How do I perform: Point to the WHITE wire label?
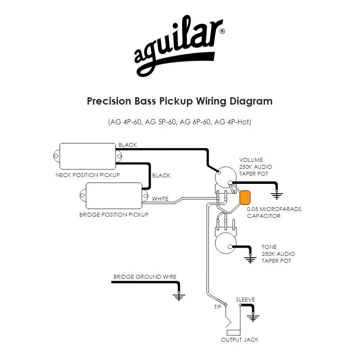(160, 199)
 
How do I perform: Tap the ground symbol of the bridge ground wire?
(177, 296)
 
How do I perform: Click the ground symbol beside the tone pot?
(250, 259)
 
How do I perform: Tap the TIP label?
(218, 307)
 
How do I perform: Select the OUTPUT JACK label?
(240, 340)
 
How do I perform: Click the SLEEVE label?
(245, 300)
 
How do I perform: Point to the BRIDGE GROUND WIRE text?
(145, 277)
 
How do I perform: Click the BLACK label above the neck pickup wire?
(127, 145)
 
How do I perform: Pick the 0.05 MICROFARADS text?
(274, 209)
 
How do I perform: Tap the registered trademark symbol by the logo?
(222, 31)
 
